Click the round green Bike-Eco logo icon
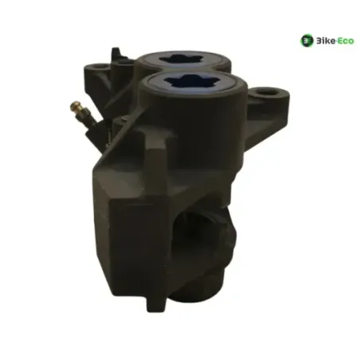307,41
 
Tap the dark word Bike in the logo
324,41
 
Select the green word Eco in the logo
345,41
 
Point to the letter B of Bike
318,41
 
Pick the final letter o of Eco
351,41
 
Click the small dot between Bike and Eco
335,41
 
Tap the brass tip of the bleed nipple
75,106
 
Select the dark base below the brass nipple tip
86,117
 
